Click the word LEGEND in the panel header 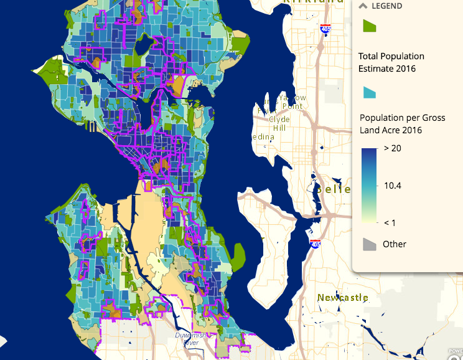(386, 6)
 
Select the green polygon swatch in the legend (370, 26)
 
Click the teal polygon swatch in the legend (370, 92)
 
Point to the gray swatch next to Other (370, 244)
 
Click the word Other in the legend (395, 244)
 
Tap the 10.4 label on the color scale (393, 186)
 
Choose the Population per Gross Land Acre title (402, 124)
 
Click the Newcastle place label (342, 298)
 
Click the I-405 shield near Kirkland (325, 28)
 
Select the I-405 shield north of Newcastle (316, 244)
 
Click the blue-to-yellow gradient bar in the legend (370, 185)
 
